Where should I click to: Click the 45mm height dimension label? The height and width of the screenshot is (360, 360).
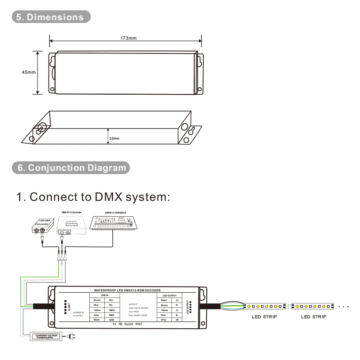[29, 72]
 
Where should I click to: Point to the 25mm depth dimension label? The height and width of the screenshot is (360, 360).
[114, 139]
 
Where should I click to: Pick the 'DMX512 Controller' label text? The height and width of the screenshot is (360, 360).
[72, 212]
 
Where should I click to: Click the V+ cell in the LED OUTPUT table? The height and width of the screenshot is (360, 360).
[177, 300]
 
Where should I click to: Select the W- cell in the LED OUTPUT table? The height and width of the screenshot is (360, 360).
[177, 320]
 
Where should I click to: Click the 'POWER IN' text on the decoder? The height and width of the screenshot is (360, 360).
[78, 312]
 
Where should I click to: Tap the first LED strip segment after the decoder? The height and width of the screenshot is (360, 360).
[265, 306]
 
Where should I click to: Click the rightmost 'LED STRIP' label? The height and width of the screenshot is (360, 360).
[314, 317]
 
